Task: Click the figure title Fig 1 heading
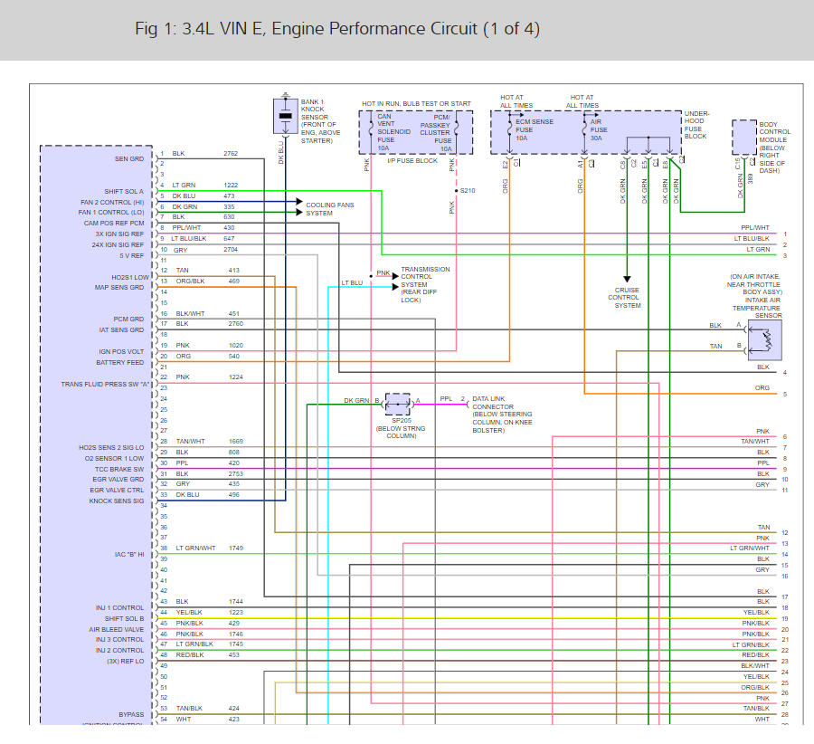(336, 29)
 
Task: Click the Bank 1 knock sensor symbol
(286, 116)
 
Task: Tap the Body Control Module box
(744, 138)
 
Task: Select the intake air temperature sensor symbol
(765, 339)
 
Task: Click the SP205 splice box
(397, 401)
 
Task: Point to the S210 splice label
(467, 191)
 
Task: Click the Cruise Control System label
(627, 298)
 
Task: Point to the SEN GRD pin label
(128, 159)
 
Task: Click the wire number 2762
(231, 154)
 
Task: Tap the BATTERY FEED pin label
(119, 363)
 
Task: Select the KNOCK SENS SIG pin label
(116, 501)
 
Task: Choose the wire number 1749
(235, 548)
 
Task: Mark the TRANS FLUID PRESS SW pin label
(102, 384)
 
